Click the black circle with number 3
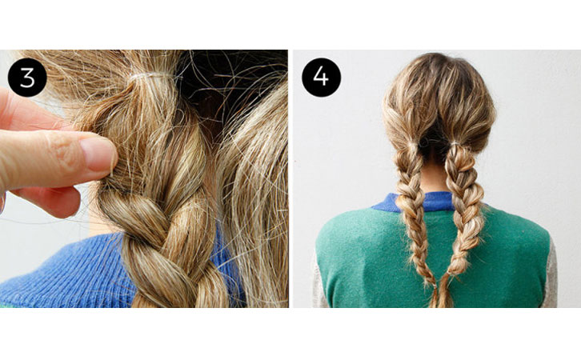click(x=27, y=78)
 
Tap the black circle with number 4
click(x=321, y=78)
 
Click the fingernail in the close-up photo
click(x=98, y=153)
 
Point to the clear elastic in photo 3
click(x=151, y=77)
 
